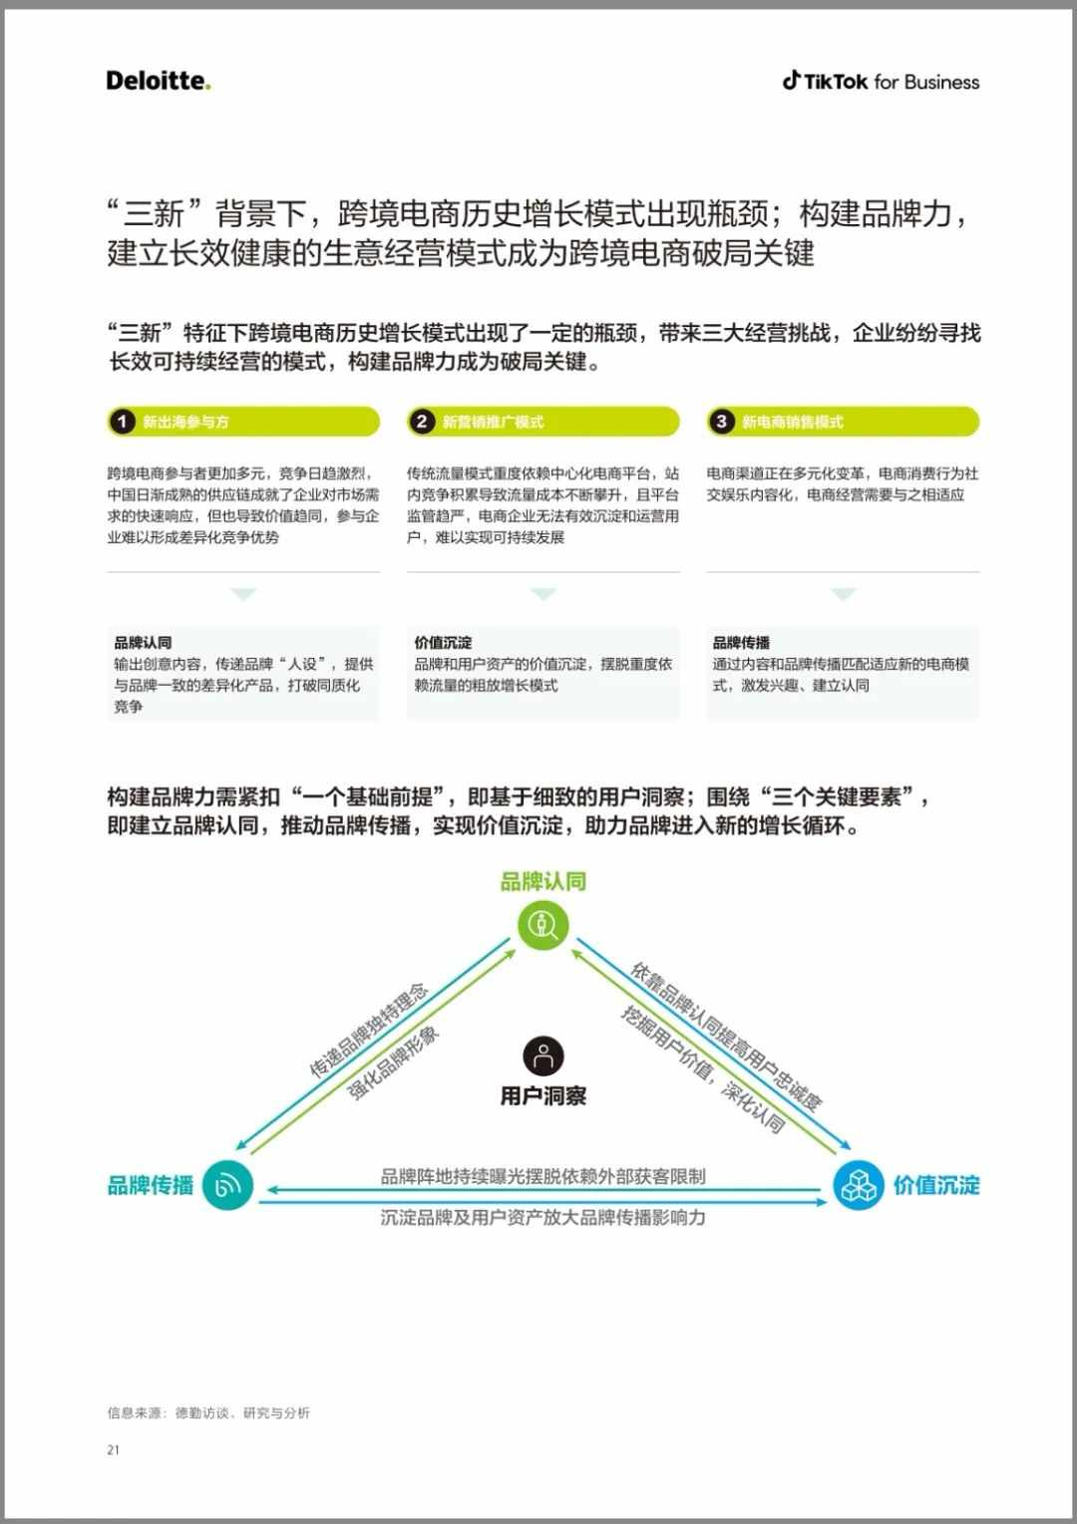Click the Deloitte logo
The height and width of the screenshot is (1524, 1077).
point(159,81)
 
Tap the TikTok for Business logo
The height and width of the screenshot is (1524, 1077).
point(881,82)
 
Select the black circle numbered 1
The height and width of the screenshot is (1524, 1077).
point(123,422)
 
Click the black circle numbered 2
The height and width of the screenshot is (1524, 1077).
point(422,422)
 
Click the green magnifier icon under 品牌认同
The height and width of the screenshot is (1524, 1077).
point(543,925)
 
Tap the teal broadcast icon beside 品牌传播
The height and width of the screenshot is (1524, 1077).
point(228,1185)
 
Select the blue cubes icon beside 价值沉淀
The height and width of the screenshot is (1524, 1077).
point(859,1185)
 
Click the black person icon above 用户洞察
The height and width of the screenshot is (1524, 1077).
point(543,1056)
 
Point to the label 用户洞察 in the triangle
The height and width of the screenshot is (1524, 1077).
point(543,1096)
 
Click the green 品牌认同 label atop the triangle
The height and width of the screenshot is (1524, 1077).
point(543,881)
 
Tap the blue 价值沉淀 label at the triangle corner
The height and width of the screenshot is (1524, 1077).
point(936,1185)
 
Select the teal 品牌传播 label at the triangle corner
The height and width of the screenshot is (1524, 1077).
point(151,1185)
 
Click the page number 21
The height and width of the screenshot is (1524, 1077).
point(113,1450)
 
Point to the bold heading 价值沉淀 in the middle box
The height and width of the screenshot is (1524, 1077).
point(443,642)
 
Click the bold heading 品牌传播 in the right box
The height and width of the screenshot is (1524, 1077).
point(741,642)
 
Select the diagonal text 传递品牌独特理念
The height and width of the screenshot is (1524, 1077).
point(369,1031)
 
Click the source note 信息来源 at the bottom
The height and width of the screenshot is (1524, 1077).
point(208,1413)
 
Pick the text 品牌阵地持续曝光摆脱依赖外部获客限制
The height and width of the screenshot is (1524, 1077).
point(543,1176)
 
